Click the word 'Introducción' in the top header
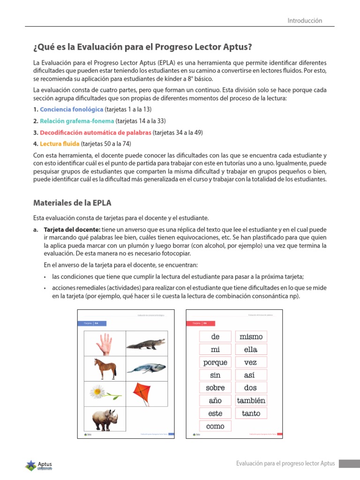click(x=305, y=21)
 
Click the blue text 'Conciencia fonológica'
click(x=71, y=109)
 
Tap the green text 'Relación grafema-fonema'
click(x=77, y=121)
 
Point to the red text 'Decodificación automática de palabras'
click(x=96, y=133)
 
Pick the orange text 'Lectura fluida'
click(x=60, y=144)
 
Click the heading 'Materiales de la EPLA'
click(x=72, y=203)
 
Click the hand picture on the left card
click(x=105, y=344)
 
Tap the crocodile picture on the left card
click(x=146, y=345)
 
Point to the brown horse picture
click(x=105, y=368)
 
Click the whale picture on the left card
click(x=146, y=368)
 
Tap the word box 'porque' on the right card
click(x=215, y=362)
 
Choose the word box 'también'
click(x=251, y=400)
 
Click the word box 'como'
click(x=215, y=426)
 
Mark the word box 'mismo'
click(x=251, y=337)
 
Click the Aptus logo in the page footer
click(x=38, y=465)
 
